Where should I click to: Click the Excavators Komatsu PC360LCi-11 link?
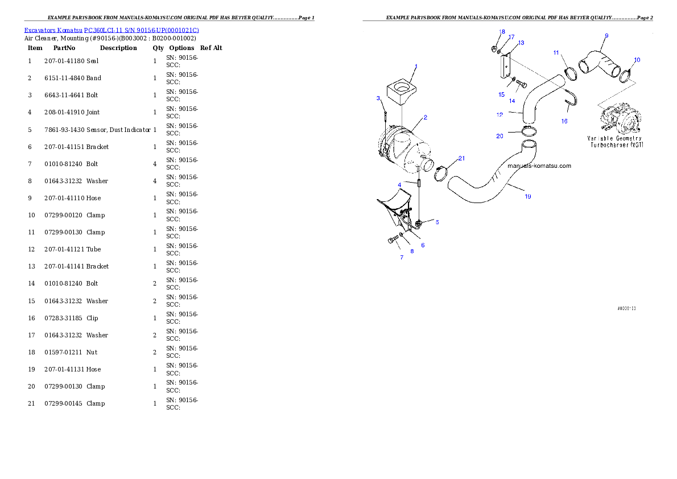[x=112, y=30]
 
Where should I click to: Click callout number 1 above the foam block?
[x=416, y=67]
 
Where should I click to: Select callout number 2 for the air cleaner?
[x=425, y=117]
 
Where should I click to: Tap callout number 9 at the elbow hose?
[x=606, y=36]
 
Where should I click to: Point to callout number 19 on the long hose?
[x=528, y=196]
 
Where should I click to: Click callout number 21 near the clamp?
[x=461, y=158]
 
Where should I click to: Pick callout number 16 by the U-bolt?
[x=564, y=121]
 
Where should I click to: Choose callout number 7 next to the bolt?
[x=401, y=257]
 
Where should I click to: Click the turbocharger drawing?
[x=619, y=118]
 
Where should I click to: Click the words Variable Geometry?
[x=614, y=138]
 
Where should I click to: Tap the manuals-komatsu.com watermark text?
[x=539, y=166]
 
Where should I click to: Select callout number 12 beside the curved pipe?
[x=500, y=114]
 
